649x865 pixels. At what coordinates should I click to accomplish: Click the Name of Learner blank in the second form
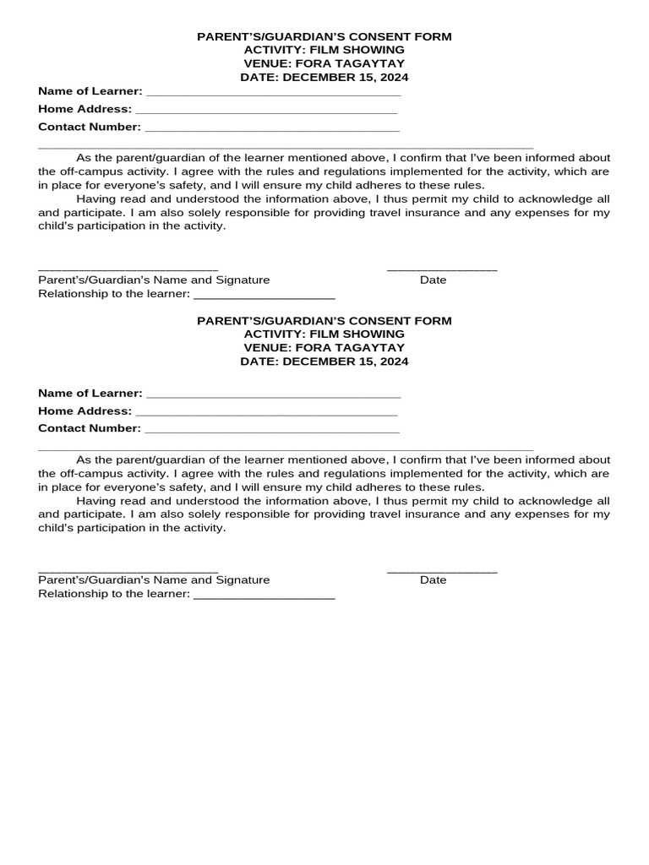273,396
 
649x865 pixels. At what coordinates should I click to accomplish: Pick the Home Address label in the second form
85,411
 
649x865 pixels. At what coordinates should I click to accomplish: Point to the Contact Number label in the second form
90,428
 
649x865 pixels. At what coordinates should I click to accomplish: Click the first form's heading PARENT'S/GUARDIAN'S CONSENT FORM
324,37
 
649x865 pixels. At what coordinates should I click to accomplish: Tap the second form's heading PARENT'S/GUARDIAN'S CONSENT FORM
324,321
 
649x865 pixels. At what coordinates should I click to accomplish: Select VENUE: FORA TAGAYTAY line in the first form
324,63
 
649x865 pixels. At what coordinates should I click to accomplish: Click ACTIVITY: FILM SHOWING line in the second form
324,335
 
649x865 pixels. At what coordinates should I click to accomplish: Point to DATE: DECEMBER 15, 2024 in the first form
324,77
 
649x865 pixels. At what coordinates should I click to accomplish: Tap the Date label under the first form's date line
433,280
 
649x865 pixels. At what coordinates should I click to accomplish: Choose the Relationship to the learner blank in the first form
265,296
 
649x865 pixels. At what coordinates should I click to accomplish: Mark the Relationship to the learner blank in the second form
265,597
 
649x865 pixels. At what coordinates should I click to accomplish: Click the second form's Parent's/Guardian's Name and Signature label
154,580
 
